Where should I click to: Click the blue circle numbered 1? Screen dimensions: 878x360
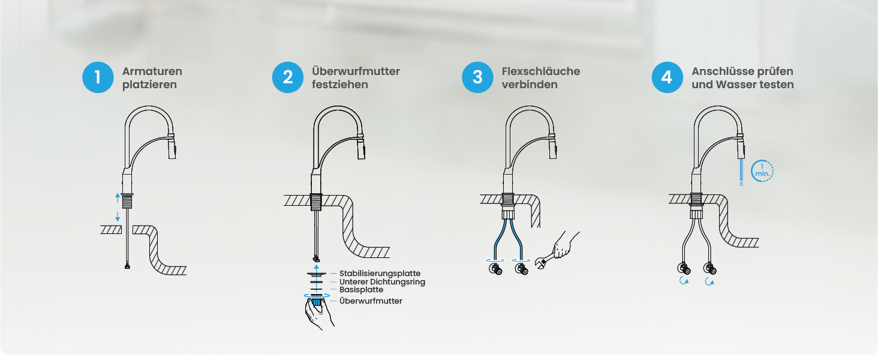click(x=98, y=77)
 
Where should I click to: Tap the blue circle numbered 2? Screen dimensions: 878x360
click(x=288, y=77)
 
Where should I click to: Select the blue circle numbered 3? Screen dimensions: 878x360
click(x=477, y=77)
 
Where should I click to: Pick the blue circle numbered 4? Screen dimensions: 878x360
click(x=667, y=77)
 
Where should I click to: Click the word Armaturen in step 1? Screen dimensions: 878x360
click(x=152, y=71)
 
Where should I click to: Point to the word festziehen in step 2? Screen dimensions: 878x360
click(x=340, y=85)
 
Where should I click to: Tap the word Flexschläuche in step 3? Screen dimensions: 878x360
click(x=541, y=71)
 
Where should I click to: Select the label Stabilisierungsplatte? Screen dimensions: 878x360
click(x=380, y=274)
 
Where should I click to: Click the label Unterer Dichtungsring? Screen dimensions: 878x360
click(x=382, y=281)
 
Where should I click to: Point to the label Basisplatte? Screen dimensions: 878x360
click(x=362, y=290)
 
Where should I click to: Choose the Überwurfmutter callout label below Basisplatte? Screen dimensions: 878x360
click(x=371, y=301)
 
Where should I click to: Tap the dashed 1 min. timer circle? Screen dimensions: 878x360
click(x=762, y=171)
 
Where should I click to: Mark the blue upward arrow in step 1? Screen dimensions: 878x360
click(x=118, y=197)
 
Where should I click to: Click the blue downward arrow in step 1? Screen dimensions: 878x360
click(x=118, y=217)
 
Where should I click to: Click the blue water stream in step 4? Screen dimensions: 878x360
click(x=741, y=172)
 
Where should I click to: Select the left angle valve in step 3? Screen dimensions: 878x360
click(x=496, y=269)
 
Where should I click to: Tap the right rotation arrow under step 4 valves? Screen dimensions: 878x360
click(x=709, y=281)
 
